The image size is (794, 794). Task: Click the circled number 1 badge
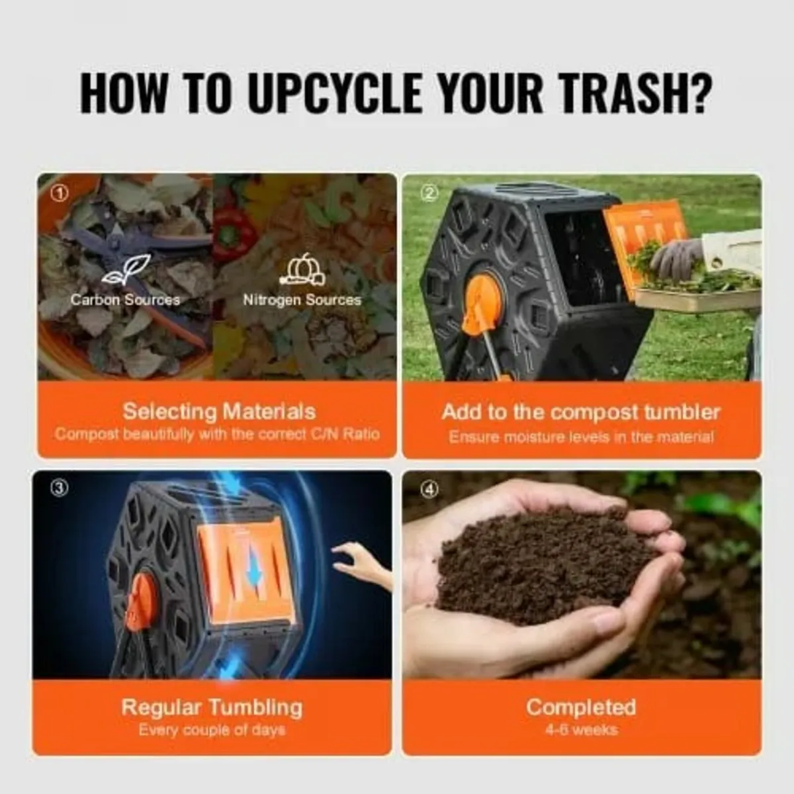[60, 193]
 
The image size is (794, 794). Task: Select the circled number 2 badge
[430, 193]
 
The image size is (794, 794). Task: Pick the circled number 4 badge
[430, 489]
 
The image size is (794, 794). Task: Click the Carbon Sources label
[125, 300]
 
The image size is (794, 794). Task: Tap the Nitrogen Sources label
[302, 300]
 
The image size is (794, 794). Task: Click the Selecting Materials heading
[219, 412]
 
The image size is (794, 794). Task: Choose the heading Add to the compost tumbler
[580, 412]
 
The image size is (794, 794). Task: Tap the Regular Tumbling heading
[212, 707]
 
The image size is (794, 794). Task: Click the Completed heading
[581, 707]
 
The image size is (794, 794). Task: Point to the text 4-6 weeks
[581, 730]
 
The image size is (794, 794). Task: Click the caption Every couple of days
[212, 730]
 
